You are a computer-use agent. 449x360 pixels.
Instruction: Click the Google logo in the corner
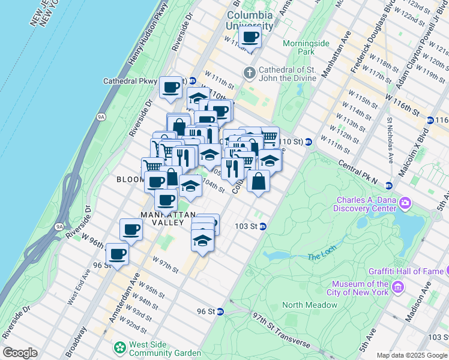[20, 353]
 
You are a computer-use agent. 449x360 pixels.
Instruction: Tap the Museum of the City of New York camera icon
[397, 289]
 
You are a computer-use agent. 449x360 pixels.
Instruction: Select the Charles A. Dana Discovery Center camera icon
[405, 204]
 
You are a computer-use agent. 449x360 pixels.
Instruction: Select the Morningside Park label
[298, 47]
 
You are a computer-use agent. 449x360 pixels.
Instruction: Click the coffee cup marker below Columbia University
[250, 37]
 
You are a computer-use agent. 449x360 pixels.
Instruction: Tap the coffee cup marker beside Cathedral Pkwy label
[171, 87]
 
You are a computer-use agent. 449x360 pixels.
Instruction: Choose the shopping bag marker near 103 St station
[258, 182]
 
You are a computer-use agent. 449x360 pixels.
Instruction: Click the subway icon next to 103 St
[263, 226]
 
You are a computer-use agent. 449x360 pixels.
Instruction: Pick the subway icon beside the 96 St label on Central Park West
[220, 311]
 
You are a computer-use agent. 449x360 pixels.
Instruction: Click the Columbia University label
[250, 19]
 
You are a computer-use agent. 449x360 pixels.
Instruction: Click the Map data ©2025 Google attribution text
[411, 355]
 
